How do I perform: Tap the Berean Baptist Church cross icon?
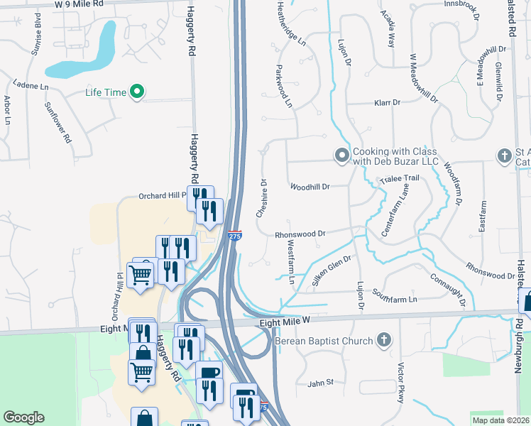[x=384, y=341]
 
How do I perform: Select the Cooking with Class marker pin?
[x=341, y=154]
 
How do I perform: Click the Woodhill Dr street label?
[x=310, y=187]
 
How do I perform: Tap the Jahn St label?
[x=320, y=383]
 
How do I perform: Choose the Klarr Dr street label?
[x=388, y=103]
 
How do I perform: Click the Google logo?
[x=23, y=417]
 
